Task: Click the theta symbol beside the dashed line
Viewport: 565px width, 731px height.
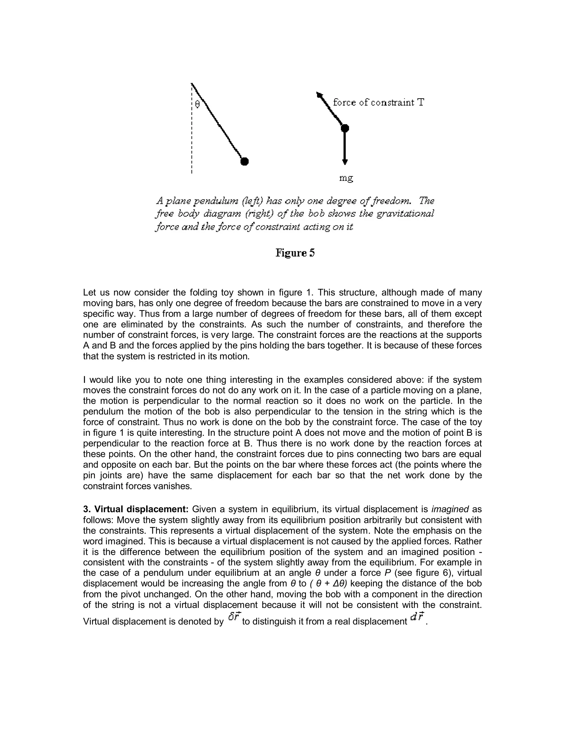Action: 197,105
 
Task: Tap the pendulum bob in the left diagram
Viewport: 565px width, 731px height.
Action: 245,162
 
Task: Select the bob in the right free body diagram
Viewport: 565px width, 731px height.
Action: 345,128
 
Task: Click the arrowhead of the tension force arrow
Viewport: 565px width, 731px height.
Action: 319,95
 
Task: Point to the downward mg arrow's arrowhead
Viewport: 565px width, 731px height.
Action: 345,162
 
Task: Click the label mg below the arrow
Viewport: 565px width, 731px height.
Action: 346,178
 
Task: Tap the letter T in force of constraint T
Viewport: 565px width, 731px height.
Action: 420,102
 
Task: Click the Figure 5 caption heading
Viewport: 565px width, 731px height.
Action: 295,253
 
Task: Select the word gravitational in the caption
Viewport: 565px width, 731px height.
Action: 405,214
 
